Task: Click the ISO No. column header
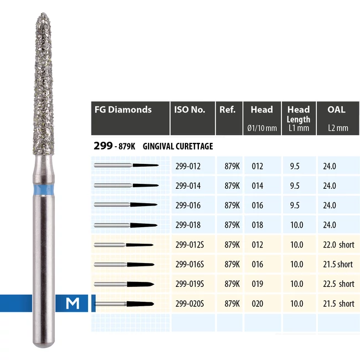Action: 190,110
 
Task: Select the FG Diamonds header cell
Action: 122,110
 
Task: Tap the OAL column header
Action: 336,110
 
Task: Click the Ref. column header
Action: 228,110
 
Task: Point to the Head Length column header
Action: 298,114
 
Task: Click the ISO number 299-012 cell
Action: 187,166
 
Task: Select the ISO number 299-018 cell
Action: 187,225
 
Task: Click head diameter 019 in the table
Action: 258,284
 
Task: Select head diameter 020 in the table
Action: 258,304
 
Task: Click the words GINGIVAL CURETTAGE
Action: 178,146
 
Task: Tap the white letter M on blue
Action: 71,303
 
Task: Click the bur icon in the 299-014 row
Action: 126,186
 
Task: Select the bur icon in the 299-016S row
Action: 126,264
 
